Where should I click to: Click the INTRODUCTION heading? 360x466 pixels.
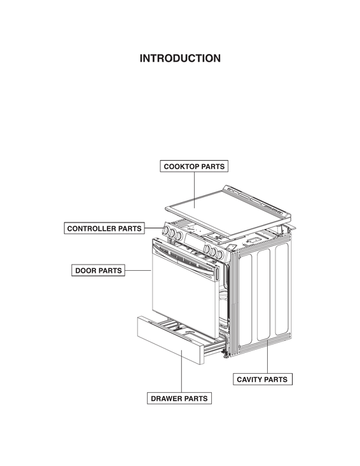[x=180, y=58]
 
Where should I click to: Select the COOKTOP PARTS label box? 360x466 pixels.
[x=194, y=167]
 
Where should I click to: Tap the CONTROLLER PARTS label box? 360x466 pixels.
[x=104, y=228]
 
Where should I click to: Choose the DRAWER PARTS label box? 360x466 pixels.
[x=179, y=399]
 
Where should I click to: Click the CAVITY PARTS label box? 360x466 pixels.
[x=262, y=380]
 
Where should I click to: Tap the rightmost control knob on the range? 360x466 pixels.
[x=220, y=254]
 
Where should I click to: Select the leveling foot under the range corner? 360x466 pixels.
[x=226, y=356]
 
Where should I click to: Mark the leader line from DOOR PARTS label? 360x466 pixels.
[x=138, y=270]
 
